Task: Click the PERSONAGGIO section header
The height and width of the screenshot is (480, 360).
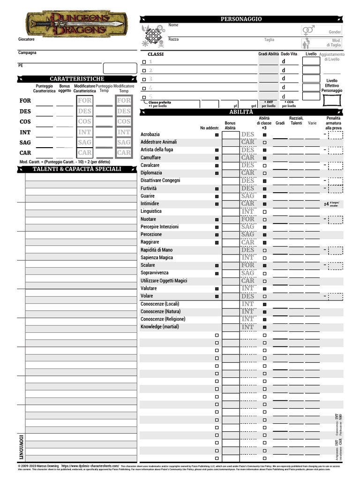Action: [x=241, y=19]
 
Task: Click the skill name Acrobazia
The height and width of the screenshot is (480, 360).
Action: [x=150, y=135]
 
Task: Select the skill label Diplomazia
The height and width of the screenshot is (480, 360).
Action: [x=151, y=173]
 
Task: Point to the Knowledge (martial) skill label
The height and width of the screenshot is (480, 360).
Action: [x=160, y=327]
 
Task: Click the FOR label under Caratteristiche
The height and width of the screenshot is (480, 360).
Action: [x=25, y=101]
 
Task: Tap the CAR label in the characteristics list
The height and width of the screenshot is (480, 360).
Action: [x=25, y=153]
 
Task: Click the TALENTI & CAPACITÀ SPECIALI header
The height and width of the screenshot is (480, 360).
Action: [x=77, y=169]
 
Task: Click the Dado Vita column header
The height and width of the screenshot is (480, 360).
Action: [x=289, y=54]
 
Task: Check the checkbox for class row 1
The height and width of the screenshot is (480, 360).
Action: [x=144, y=62]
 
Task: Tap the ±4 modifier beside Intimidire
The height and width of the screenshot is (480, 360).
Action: [x=326, y=204]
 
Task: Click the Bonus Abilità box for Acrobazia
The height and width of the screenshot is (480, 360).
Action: [x=231, y=135]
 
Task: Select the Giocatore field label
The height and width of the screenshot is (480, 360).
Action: [x=26, y=39]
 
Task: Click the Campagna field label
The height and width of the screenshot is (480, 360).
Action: [x=27, y=52]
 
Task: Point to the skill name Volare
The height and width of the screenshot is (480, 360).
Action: [x=147, y=296]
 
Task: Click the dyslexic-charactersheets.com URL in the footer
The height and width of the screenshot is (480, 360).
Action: [x=90, y=466]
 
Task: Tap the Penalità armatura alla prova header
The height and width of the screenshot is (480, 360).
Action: [x=333, y=123]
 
